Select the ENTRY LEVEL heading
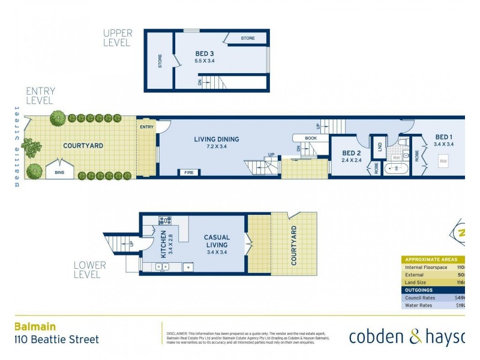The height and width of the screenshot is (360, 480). (x=40, y=95)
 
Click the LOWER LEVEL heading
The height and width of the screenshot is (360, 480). (x=90, y=269)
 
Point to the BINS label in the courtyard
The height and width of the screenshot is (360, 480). (x=59, y=172)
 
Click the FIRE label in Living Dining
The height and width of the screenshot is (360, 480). (x=189, y=173)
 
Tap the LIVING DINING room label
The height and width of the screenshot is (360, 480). (x=216, y=139)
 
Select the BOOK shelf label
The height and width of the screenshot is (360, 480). (x=310, y=138)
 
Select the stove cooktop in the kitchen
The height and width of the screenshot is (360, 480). (x=165, y=220)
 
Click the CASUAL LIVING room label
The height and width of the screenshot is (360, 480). (x=216, y=241)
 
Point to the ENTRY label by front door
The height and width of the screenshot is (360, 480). (x=146, y=127)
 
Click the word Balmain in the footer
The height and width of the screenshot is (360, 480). (x=35, y=326)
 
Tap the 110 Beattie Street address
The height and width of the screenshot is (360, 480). (x=56, y=340)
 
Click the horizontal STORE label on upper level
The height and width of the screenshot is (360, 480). (x=248, y=38)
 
